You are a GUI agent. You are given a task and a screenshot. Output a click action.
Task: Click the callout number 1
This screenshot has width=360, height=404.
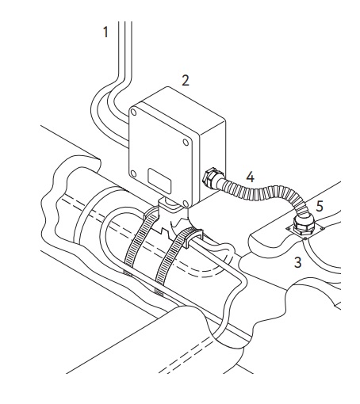pyautogui.click(x=105, y=32)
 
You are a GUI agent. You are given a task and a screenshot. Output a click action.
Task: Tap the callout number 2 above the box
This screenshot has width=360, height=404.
pyautogui.click(x=186, y=81)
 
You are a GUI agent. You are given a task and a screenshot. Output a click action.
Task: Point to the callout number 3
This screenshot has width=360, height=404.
pyautogui.click(x=297, y=262)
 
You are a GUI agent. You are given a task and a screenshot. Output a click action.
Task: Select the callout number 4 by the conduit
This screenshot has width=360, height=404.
pyautogui.click(x=250, y=177)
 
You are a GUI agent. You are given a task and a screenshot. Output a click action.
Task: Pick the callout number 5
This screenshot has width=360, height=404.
pyautogui.click(x=320, y=206)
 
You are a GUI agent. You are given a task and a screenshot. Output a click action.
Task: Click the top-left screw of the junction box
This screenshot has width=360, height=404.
pyautogui.click(x=134, y=112)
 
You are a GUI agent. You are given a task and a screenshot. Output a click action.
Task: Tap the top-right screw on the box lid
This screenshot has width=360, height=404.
pyautogui.click(x=186, y=143)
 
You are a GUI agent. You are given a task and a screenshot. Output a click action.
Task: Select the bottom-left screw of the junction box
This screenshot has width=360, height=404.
pyautogui.click(x=133, y=173)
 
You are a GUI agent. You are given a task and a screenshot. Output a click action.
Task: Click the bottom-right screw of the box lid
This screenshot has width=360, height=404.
pyautogui.click(x=186, y=204)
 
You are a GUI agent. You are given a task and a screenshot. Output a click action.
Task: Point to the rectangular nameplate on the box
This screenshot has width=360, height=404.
pyautogui.click(x=159, y=181)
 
